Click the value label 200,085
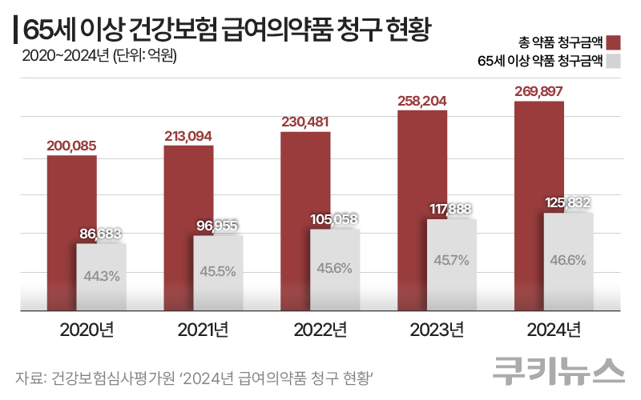click(x=71, y=146)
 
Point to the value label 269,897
click(x=539, y=91)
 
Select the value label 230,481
click(x=305, y=122)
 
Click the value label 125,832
click(x=569, y=203)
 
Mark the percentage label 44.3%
click(x=102, y=276)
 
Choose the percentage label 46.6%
click(x=569, y=259)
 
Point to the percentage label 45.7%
click(x=452, y=261)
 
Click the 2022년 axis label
click(x=320, y=330)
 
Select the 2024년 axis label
click(x=554, y=330)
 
